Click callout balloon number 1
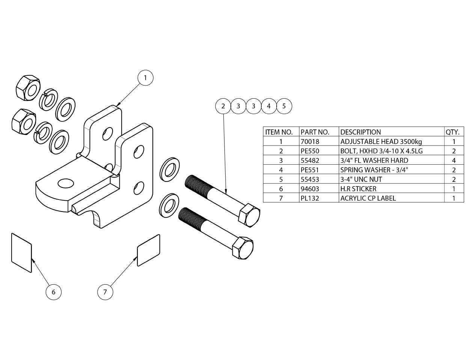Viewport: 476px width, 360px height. click(x=145, y=78)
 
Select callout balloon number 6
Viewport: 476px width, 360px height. click(x=53, y=292)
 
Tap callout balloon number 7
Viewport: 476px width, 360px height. click(x=105, y=292)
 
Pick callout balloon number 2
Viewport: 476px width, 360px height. click(x=223, y=106)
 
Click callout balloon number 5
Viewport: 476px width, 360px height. click(x=284, y=106)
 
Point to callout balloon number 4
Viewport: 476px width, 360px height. click(x=269, y=106)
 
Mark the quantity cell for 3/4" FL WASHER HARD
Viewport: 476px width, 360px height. click(x=454, y=160)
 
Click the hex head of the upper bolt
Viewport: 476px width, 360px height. click(x=250, y=216)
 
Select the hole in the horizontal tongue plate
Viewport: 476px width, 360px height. click(x=66, y=183)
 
